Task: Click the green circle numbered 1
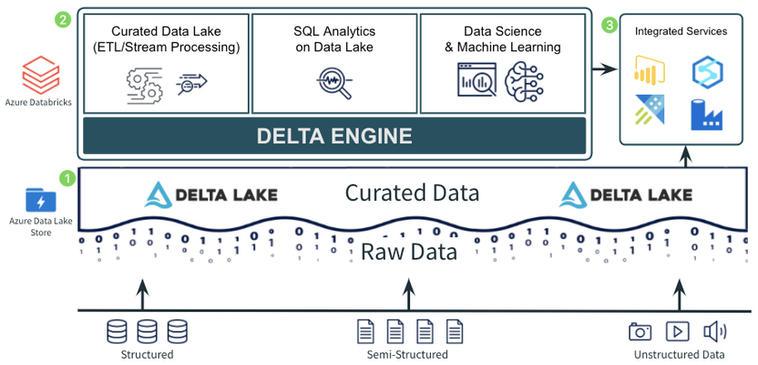coord(67,178)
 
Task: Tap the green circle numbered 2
coord(64,20)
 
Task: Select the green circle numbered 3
coord(610,26)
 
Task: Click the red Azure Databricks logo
coord(41,75)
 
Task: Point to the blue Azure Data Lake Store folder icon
coord(41,201)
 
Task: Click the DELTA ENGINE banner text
coord(334,136)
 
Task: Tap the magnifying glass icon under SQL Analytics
coord(334,82)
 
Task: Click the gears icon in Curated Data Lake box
coord(145,86)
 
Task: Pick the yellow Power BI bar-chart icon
coord(650,69)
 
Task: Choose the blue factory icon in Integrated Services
coord(706,114)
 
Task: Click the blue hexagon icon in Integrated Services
coord(707,71)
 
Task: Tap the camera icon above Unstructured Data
coord(640,331)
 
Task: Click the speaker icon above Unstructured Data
coord(715,331)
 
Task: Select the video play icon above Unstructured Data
coord(677,331)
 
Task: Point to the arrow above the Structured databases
coord(142,294)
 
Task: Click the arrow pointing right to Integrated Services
coord(606,70)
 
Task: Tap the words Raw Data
coord(409,253)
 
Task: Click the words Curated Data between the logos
coord(412,193)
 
